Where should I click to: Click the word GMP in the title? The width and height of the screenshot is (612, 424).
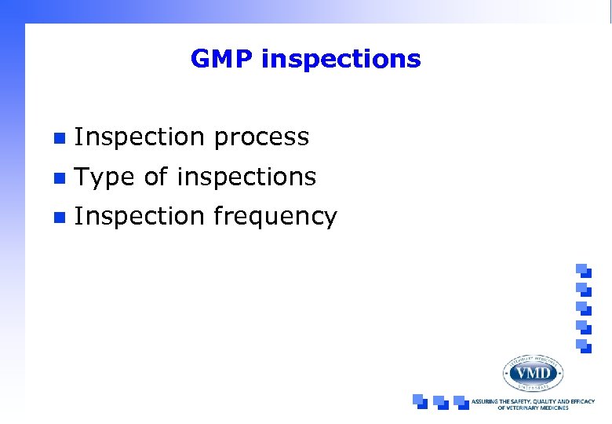click(x=222, y=60)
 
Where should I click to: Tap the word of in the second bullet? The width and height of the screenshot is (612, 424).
click(x=156, y=177)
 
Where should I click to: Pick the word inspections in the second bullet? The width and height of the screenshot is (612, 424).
click(x=246, y=178)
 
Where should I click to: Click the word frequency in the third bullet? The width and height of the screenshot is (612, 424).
click(x=275, y=217)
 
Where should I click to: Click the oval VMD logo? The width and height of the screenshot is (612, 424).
click(x=533, y=372)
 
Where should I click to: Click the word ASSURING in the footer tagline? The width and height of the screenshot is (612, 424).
click(x=487, y=401)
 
